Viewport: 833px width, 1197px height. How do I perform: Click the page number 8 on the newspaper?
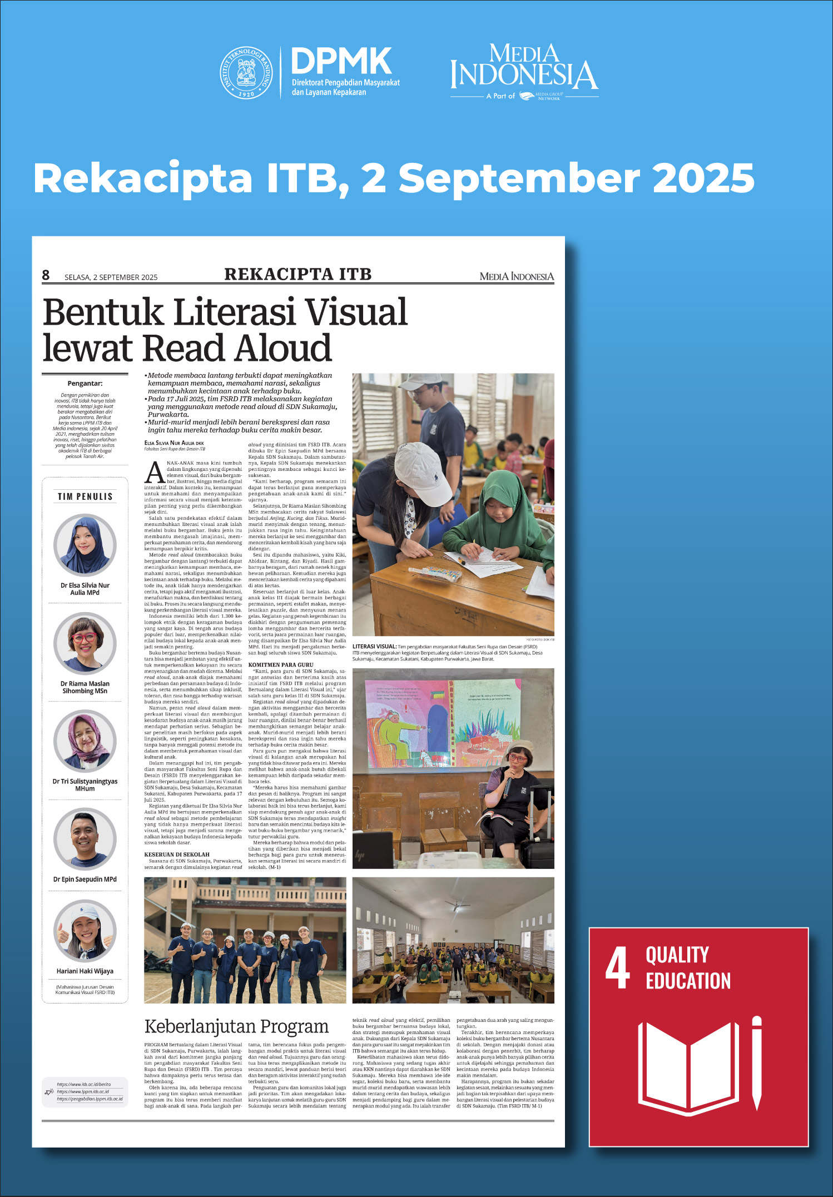tap(46, 275)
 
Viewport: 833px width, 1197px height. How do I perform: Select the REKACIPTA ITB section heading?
tap(297, 274)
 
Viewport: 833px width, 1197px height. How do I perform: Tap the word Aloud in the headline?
tap(283, 349)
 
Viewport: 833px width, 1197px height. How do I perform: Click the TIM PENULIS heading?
tap(85, 496)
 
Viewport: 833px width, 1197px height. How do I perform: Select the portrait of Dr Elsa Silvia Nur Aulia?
tap(85, 545)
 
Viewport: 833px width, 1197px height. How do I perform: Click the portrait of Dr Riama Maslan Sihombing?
tap(85, 643)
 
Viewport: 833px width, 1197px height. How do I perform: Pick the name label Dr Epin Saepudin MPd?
tap(85, 879)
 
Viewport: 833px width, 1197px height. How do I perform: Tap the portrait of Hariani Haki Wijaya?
tap(85, 931)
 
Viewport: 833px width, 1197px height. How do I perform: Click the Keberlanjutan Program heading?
tap(236, 1026)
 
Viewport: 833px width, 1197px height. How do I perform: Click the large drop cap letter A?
tap(155, 473)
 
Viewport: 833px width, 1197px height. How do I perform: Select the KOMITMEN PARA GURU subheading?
tap(281, 664)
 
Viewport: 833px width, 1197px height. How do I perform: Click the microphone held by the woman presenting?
tap(507, 787)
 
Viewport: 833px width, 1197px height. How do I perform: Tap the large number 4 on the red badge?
tap(617, 968)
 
